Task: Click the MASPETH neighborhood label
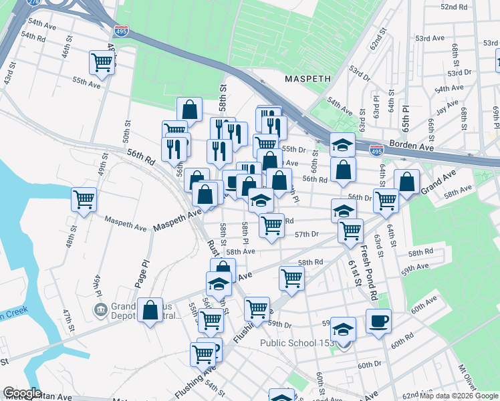307,78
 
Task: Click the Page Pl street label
142,274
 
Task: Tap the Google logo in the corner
22,393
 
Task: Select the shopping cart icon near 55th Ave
102,63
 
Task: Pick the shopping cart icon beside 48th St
84,199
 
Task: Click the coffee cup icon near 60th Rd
378,320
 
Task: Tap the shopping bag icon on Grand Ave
407,180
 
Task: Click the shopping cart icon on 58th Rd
291,277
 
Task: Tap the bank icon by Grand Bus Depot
101,309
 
